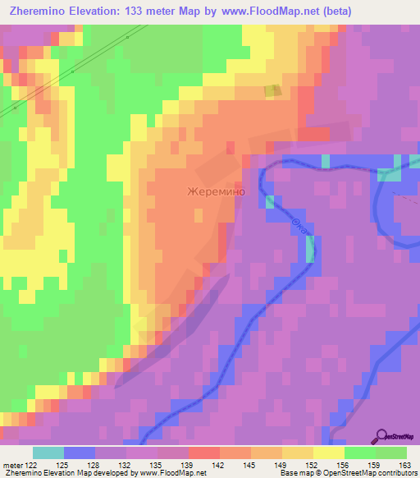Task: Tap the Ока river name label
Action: coord(300,224)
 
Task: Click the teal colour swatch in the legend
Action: coord(48,453)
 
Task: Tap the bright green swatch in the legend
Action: coord(360,453)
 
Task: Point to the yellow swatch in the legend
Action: coord(329,453)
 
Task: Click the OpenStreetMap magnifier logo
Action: coord(381,436)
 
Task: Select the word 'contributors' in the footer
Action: coord(395,473)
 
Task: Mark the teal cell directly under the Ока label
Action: coord(310,250)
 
